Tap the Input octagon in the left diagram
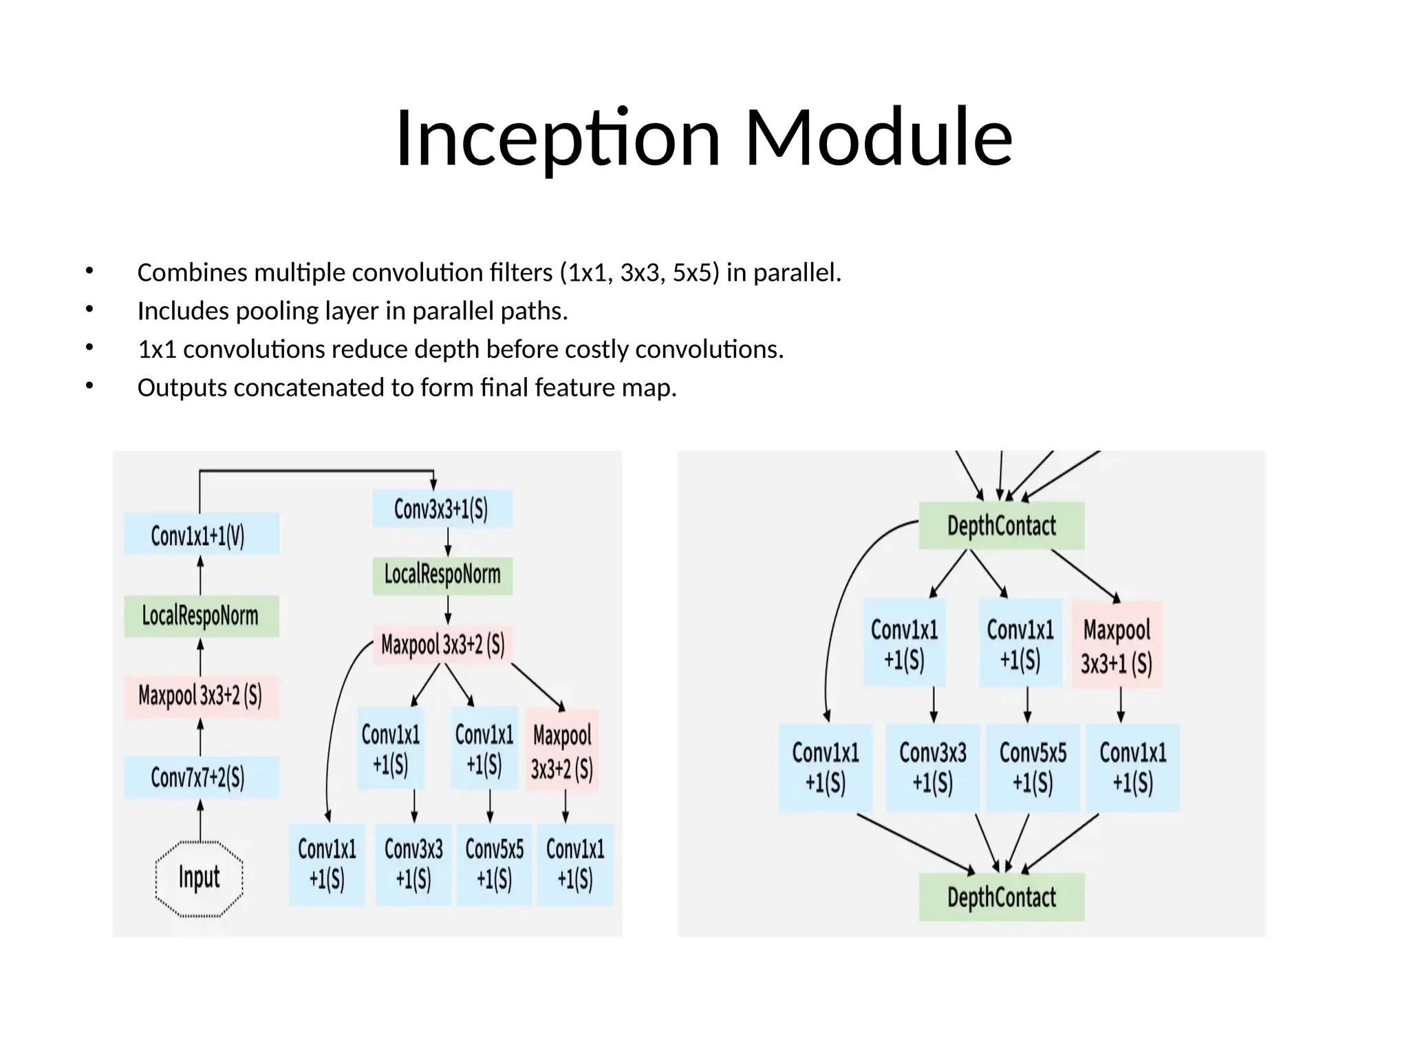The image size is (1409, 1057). coord(200,878)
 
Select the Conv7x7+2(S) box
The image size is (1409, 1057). coord(201,778)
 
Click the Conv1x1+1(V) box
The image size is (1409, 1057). coord(201,534)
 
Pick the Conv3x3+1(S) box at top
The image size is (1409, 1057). coord(442,509)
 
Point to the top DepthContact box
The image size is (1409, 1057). coord(1001,526)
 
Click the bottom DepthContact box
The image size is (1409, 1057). coord(1001,897)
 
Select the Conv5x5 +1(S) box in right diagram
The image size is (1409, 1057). coord(1033,767)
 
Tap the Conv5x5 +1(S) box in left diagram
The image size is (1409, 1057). coord(494,864)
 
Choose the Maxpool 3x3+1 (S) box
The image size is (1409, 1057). coord(1116,645)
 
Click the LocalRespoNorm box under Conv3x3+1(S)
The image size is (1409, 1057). coord(442,575)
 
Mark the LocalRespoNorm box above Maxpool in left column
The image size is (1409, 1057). coord(201,616)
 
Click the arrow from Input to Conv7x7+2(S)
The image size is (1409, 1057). coord(200,820)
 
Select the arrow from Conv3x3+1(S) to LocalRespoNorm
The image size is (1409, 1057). coord(448,542)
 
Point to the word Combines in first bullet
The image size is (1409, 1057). coord(192,273)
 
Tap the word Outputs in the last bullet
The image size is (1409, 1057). coord(182,388)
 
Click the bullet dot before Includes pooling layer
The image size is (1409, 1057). coord(88,310)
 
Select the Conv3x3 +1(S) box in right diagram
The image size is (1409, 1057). coord(932,767)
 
